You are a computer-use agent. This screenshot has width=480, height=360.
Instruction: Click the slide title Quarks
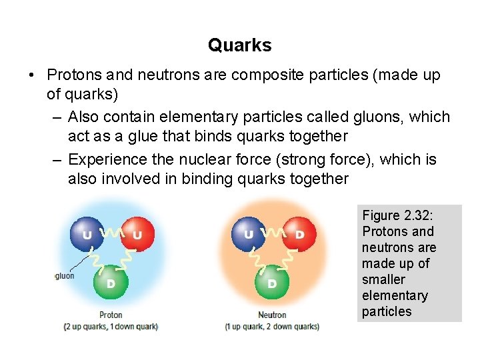239,45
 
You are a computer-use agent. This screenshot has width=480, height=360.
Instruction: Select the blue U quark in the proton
87,234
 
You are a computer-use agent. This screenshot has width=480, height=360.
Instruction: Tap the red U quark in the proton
137,234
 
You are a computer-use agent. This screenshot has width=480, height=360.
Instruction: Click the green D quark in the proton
111,283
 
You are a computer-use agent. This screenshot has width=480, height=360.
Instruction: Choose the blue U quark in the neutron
248,234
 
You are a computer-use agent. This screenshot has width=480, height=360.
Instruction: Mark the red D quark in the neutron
299,234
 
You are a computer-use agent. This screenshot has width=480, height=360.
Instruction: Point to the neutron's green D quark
272,283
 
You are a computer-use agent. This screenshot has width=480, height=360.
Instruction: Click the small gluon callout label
65,275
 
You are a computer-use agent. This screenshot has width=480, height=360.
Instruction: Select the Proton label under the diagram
111,315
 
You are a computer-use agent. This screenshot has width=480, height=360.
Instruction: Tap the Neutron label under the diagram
272,315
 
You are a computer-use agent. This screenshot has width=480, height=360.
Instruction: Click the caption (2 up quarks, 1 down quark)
111,327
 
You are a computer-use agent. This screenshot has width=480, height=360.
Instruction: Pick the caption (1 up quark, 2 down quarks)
272,327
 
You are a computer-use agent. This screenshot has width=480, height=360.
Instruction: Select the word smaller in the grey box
383,280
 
